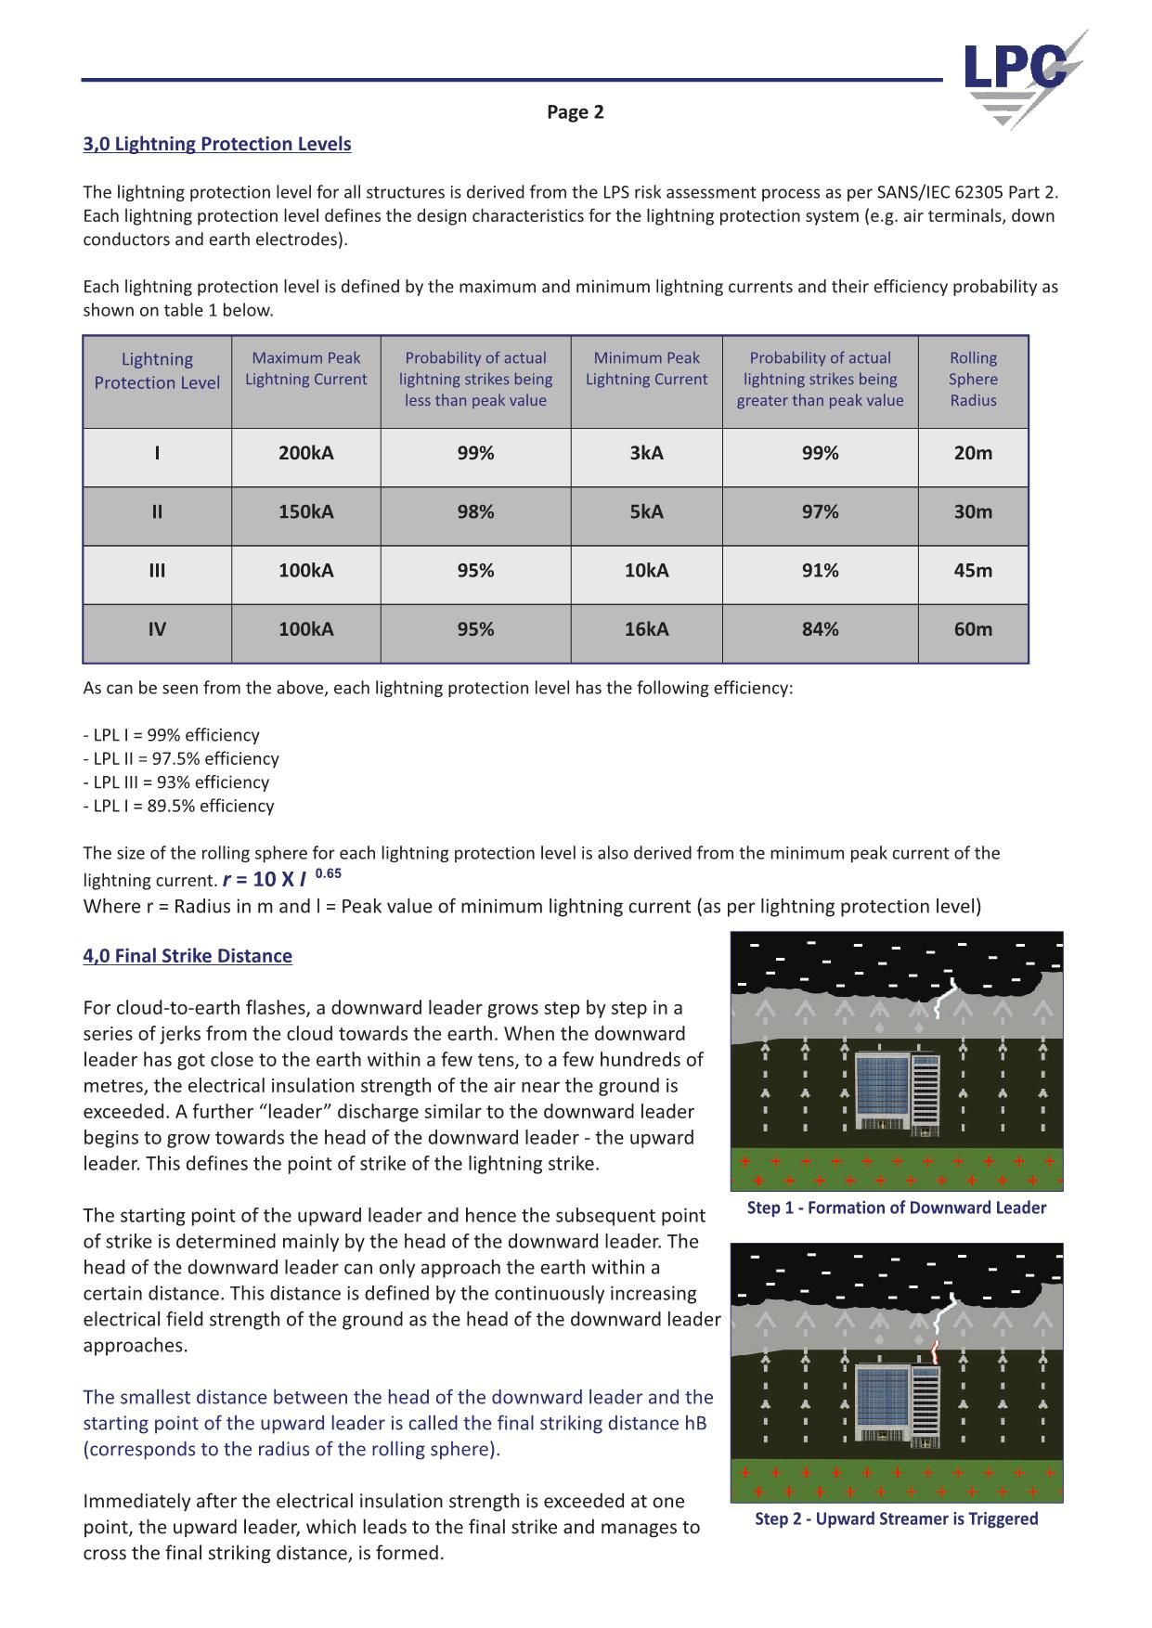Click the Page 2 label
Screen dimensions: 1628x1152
click(x=575, y=112)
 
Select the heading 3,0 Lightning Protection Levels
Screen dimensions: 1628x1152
click(x=217, y=144)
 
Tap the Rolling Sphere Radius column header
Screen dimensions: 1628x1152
click(x=972, y=380)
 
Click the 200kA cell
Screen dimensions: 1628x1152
click(x=305, y=453)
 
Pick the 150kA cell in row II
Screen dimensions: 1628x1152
click(x=305, y=511)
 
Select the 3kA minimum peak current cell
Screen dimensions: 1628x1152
click(x=646, y=453)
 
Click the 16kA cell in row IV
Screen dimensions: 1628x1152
click(x=646, y=629)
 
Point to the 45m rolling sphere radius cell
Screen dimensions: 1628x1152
click(x=972, y=570)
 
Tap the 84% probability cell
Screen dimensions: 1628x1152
click(x=820, y=629)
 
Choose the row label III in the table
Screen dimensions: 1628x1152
click(x=157, y=570)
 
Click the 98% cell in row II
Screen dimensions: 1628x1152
click(x=475, y=511)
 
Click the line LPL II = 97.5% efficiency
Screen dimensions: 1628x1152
click(x=181, y=758)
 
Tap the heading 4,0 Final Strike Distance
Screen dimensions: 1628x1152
click(x=188, y=956)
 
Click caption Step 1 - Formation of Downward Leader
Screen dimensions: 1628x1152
click(x=896, y=1208)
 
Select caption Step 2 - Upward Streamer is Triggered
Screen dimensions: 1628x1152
click(x=896, y=1518)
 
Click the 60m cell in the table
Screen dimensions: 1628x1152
click(x=972, y=629)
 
